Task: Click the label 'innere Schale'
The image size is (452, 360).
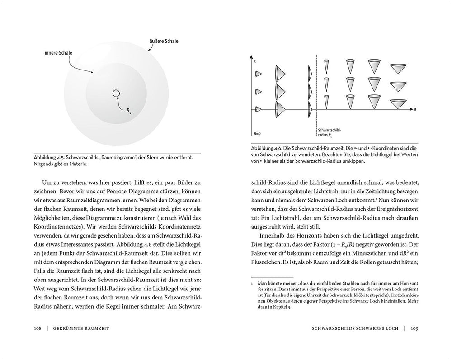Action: coord(59,52)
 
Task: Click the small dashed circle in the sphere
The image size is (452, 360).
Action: coord(116,94)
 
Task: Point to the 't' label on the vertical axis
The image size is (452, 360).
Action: coord(256,61)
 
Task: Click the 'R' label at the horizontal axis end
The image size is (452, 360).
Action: coord(414,109)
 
